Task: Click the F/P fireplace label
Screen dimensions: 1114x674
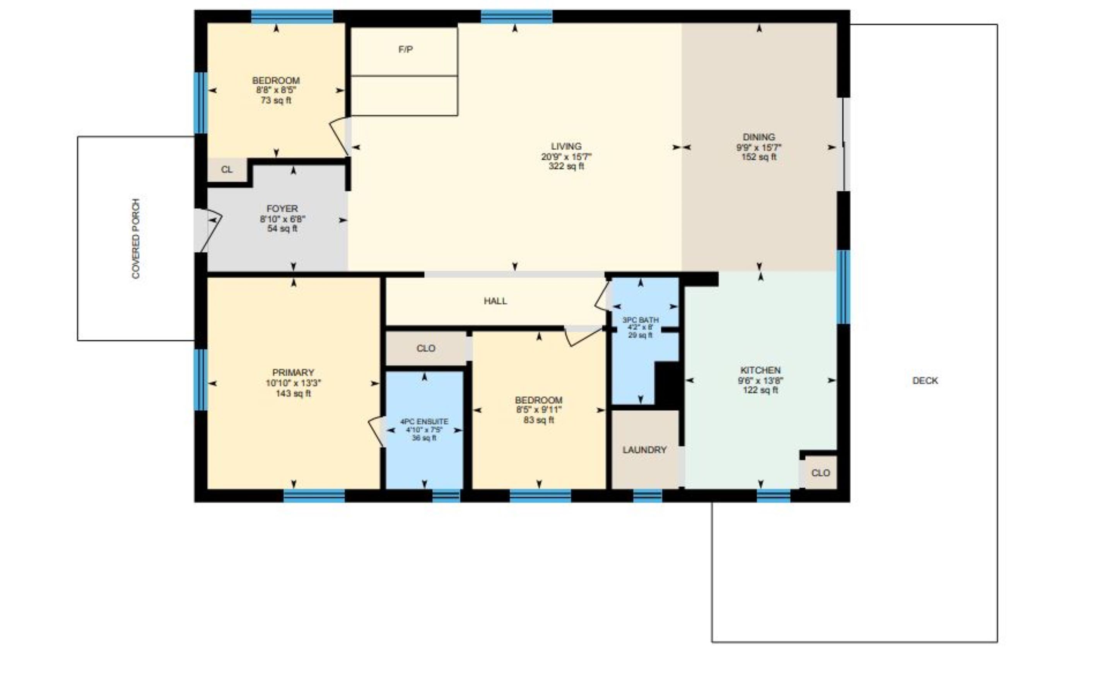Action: [405, 49]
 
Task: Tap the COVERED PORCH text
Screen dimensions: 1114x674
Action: [136, 239]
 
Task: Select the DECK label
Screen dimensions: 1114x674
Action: [925, 381]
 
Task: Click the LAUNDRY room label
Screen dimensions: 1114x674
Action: [644, 450]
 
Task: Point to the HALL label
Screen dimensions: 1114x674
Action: [495, 301]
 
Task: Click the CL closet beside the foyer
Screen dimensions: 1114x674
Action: [227, 169]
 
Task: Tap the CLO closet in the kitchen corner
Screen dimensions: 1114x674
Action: [820, 473]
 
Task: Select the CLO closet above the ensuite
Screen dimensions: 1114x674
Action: [425, 348]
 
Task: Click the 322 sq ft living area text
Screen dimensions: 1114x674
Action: [566, 166]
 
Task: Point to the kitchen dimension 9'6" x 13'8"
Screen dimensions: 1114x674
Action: [760, 381]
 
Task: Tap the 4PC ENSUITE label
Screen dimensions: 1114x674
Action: [424, 422]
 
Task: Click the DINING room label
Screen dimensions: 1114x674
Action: [759, 137]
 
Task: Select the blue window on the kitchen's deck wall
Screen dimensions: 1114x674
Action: [843, 287]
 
